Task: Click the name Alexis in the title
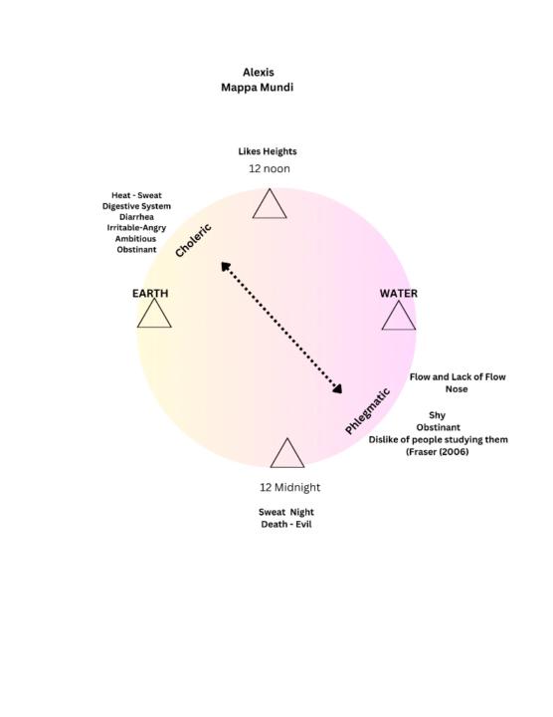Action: click(x=258, y=73)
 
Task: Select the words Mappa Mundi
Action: click(x=257, y=88)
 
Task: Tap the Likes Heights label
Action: click(x=268, y=151)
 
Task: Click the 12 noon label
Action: click(x=270, y=168)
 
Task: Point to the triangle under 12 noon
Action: click(x=270, y=204)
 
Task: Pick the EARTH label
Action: click(x=150, y=294)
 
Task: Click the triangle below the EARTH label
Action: click(x=154, y=314)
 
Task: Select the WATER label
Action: click(x=399, y=294)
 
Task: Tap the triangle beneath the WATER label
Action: click(x=399, y=316)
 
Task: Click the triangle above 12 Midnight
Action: click(x=287, y=454)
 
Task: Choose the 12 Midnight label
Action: click(x=290, y=487)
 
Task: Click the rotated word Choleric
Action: click(x=193, y=241)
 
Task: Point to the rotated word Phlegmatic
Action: click(x=367, y=411)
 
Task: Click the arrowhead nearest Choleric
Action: click(x=225, y=266)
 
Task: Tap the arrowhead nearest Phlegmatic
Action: click(x=338, y=389)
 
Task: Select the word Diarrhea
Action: click(x=136, y=217)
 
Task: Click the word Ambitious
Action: click(x=135, y=239)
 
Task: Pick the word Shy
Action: click(x=437, y=415)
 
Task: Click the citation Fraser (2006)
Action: click(x=438, y=452)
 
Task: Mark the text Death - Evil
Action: click(x=286, y=525)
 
